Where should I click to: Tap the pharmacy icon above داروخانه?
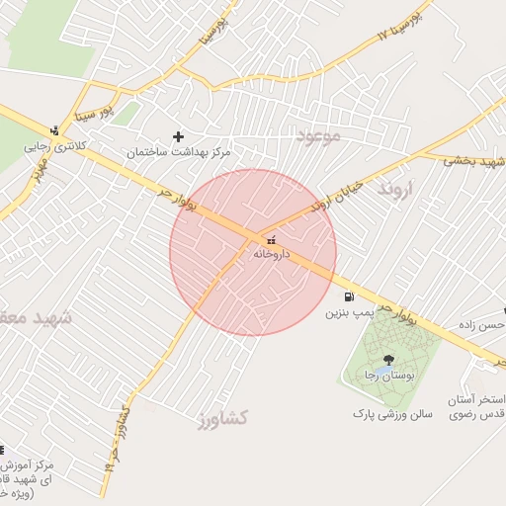coord(272,239)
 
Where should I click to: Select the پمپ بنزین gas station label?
coord(349,312)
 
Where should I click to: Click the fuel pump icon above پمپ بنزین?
coord(349,296)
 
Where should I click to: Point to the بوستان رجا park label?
coord(384,377)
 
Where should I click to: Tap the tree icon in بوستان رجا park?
coord(387,360)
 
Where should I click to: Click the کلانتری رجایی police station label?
coord(55,145)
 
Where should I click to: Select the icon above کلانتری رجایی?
coord(54,129)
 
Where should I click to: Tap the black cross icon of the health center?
coord(179,136)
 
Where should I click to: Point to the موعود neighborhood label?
coord(317,135)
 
